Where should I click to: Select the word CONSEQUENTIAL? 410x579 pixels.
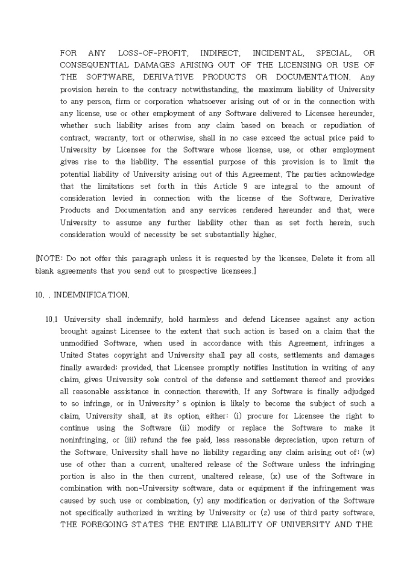point(95,65)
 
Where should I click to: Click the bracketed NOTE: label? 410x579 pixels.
point(48,258)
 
